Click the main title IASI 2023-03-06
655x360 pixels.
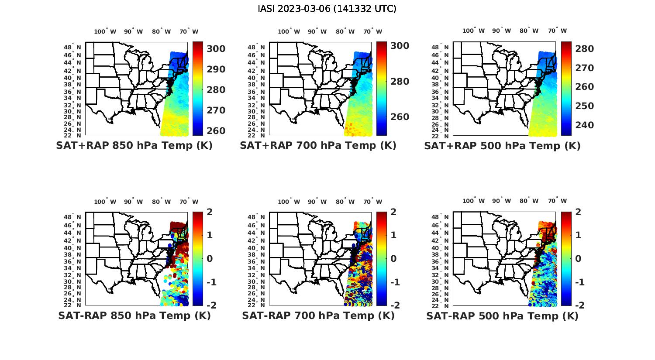(327, 9)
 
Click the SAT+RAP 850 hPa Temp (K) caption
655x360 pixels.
(134, 145)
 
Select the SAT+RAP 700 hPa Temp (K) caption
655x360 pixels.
(318, 145)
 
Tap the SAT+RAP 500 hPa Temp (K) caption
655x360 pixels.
(502, 146)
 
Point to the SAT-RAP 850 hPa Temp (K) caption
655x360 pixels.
(134, 315)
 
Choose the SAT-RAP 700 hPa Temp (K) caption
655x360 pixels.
(318, 315)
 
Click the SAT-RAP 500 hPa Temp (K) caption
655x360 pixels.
(502, 316)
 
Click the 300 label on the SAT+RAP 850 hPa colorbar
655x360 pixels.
(216, 48)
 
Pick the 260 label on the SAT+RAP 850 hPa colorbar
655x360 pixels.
(216, 130)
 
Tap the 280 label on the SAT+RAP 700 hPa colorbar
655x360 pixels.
(400, 82)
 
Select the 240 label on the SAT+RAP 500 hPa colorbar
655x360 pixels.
(584, 125)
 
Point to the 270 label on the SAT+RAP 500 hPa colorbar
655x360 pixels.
(584, 68)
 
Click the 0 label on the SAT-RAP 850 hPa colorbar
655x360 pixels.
(210, 258)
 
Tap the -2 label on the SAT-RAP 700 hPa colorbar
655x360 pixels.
(392, 305)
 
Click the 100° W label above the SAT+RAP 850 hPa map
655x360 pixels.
(105, 31)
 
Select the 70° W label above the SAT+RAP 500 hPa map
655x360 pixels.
(557, 31)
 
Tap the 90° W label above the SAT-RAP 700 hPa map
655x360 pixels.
(317, 202)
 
